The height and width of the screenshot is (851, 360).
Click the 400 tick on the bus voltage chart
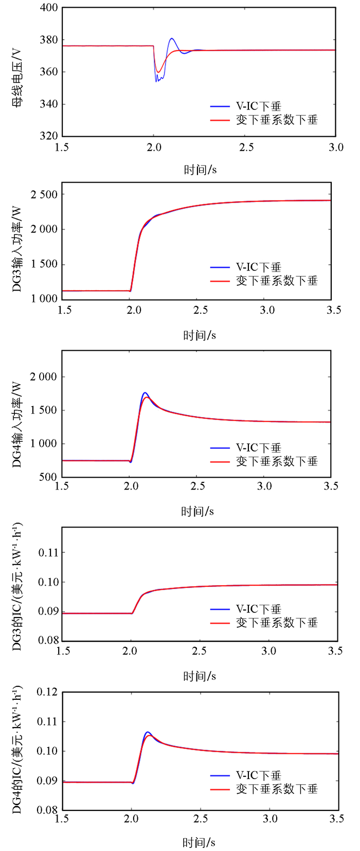(49, 8)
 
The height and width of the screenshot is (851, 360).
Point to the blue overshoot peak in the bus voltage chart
(172, 39)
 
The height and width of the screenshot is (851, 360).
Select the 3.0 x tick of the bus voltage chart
(336, 148)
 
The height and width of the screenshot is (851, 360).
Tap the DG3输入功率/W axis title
(17, 249)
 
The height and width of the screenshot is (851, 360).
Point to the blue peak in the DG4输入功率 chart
(145, 393)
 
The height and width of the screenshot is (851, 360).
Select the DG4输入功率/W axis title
(17, 424)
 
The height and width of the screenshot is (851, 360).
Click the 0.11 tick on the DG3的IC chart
(49, 553)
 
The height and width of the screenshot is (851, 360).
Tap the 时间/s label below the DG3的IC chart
(200, 676)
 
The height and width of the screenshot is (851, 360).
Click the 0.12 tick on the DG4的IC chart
(48, 692)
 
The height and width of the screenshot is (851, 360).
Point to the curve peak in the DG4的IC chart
(148, 732)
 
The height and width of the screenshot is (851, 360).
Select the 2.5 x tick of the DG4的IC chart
(201, 819)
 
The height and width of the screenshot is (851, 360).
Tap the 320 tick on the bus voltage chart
(49, 136)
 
